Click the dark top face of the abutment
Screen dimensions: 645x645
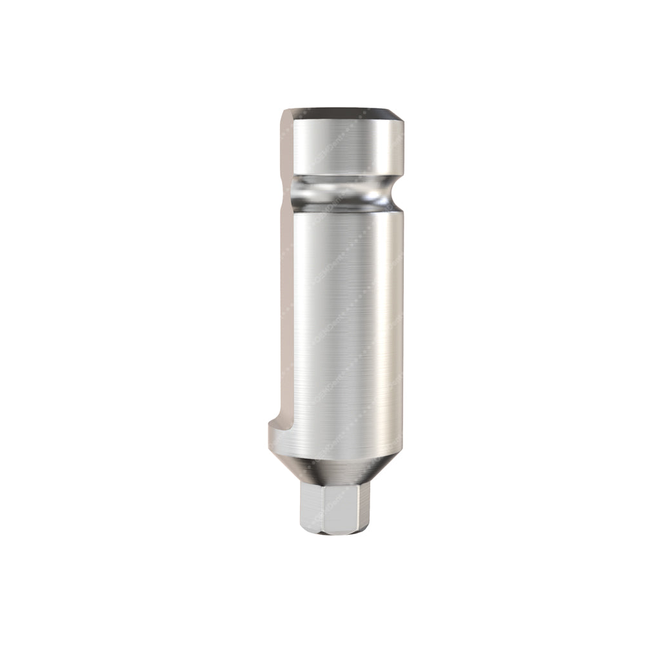[x=342, y=113]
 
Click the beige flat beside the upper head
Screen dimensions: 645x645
[x=288, y=145]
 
